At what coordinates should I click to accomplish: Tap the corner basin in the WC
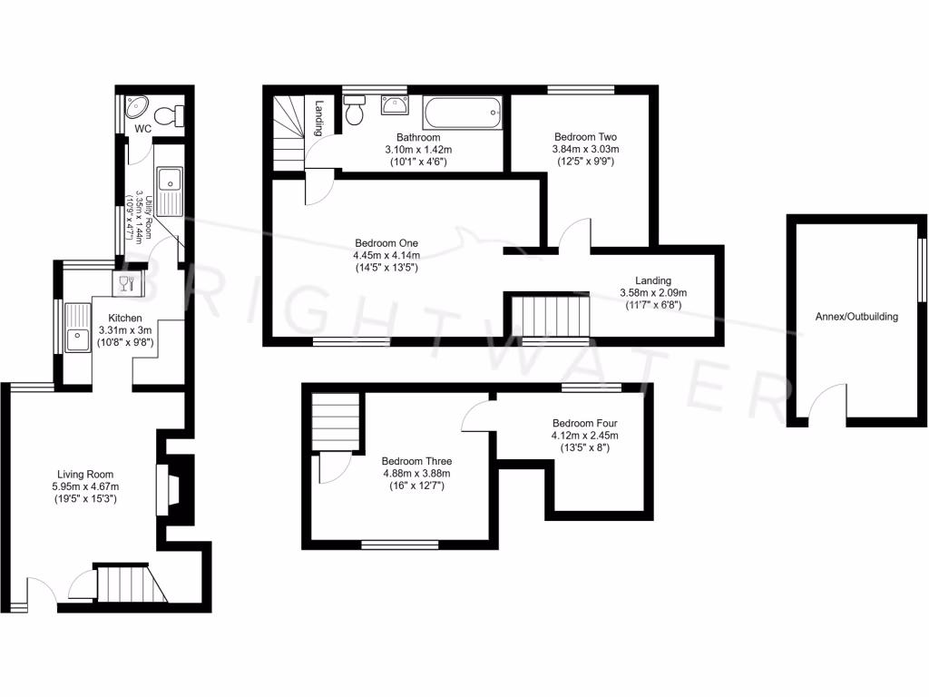(138, 109)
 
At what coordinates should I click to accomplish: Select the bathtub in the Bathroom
(460, 114)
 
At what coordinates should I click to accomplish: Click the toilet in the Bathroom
(355, 111)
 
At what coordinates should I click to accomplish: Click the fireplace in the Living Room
(164, 491)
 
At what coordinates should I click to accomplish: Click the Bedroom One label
(386, 243)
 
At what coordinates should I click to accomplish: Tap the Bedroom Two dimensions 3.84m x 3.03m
(585, 149)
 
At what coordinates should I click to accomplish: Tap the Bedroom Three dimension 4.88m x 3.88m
(416, 473)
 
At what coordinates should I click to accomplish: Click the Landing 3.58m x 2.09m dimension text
(652, 293)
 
